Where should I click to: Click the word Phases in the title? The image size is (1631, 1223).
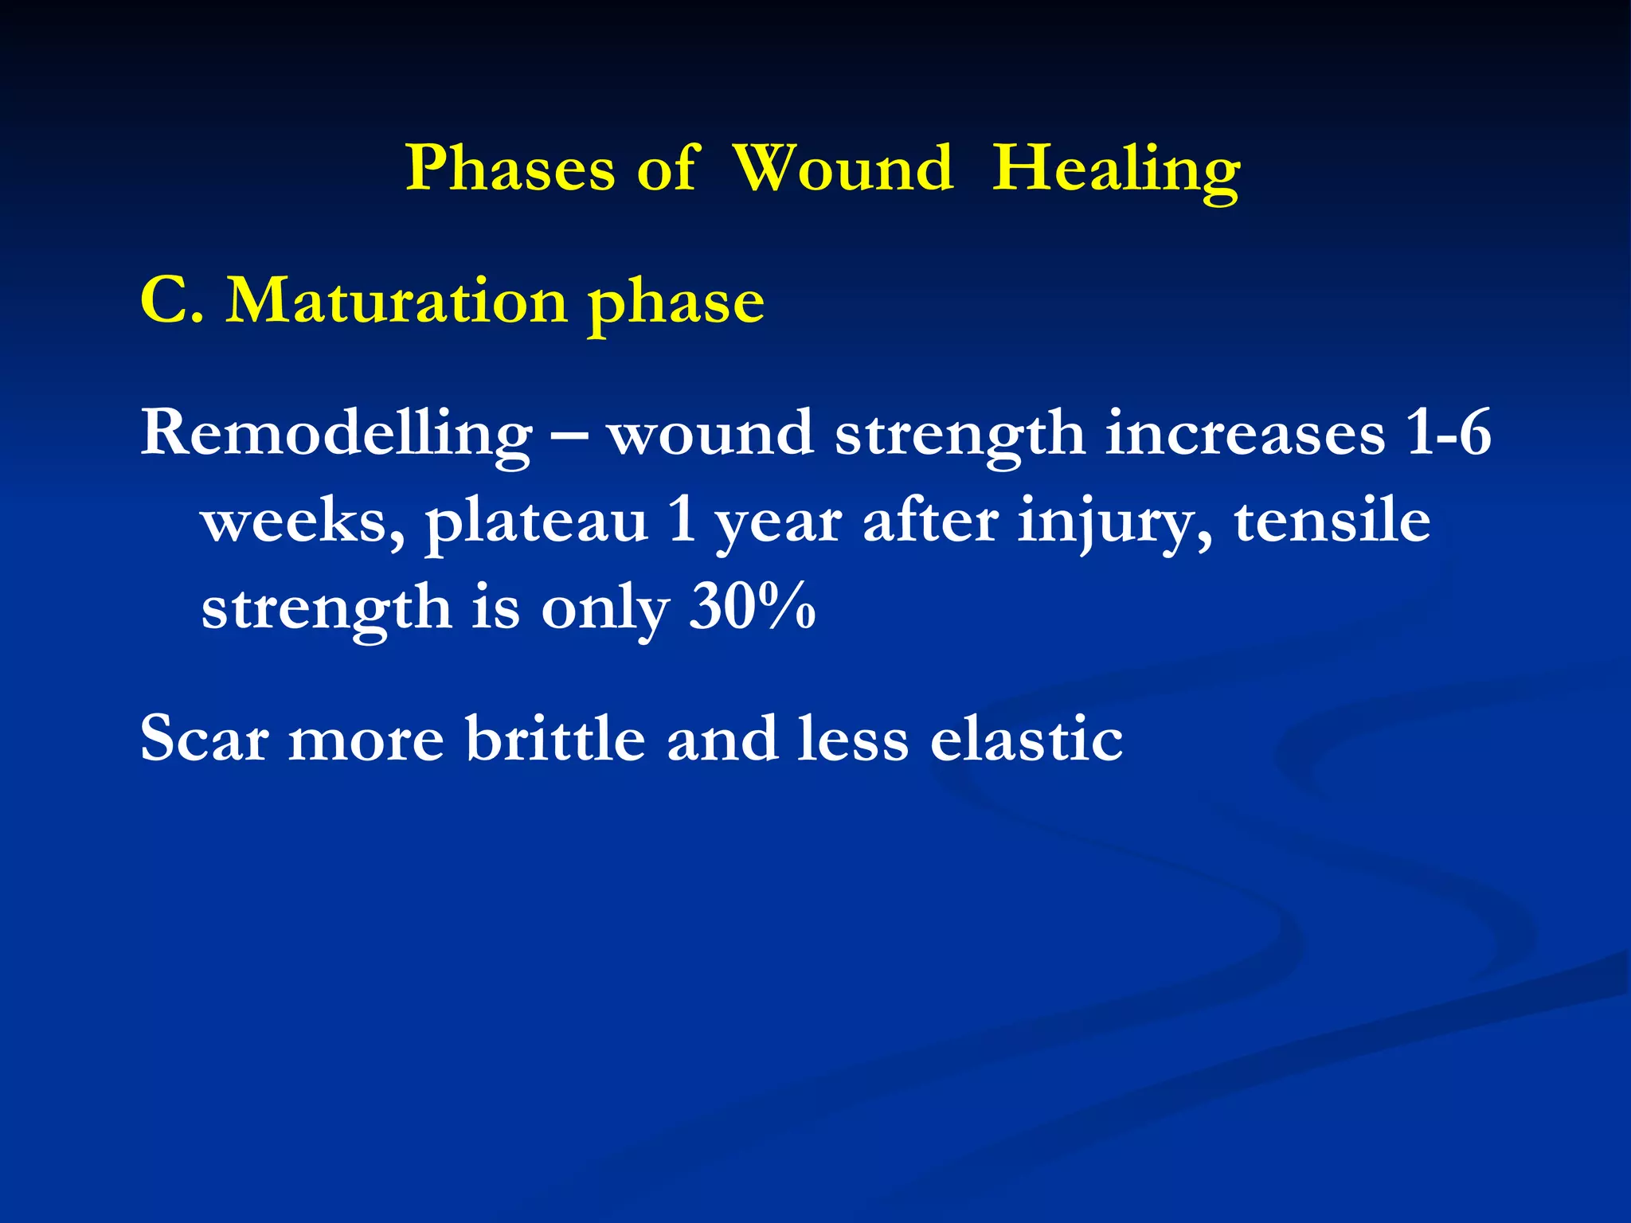pyautogui.click(x=510, y=169)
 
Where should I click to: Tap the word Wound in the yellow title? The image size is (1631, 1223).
pyautogui.click(x=843, y=169)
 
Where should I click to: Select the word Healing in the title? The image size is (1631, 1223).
pyautogui.click(x=1116, y=169)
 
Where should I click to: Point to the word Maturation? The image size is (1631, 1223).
pyautogui.click(x=397, y=302)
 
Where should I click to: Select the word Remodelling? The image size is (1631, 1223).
pyautogui.click(x=336, y=435)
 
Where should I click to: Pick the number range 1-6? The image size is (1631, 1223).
pyautogui.click(x=1448, y=434)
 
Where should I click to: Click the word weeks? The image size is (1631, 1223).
pyautogui.click(x=303, y=524)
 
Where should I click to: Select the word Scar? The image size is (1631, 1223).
pyautogui.click(x=204, y=740)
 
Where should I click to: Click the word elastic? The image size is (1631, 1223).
pyautogui.click(x=1027, y=738)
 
